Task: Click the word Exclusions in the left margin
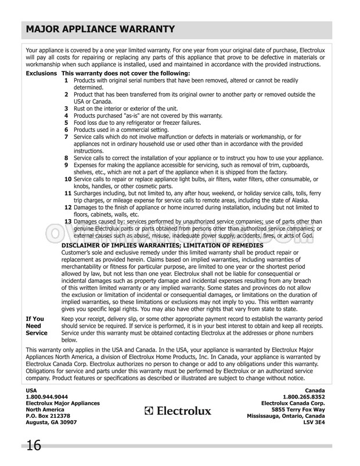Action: tap(42, 75)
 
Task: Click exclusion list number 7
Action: tap(67, 137)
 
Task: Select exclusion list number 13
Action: tap(68, 221)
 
